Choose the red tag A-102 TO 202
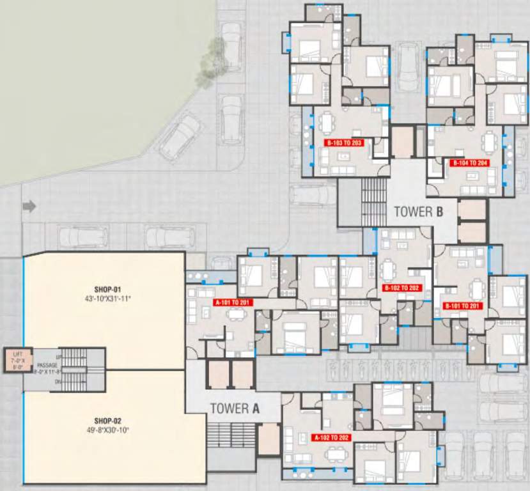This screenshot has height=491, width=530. (332, 438)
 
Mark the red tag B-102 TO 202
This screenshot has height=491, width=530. (401, 288)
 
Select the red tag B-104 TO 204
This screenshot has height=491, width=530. (470, 163)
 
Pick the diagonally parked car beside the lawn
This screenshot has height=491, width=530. (180, 136)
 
